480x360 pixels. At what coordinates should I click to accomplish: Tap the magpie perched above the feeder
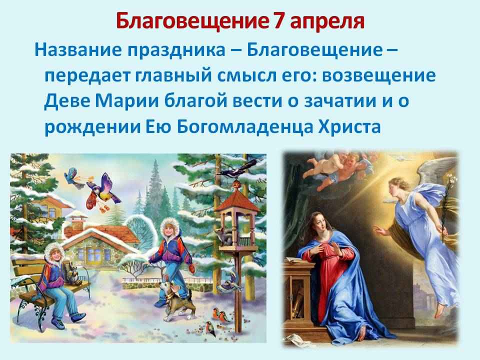click(x=236, y=170)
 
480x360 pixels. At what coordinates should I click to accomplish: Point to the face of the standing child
click(x=168, y=229)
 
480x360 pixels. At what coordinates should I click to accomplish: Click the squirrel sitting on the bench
click(x=72, y=273)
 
